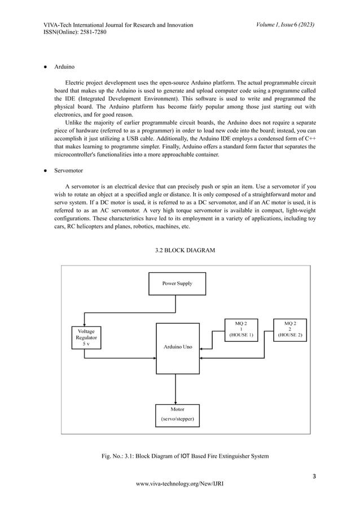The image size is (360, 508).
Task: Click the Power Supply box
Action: pyautogui.click(x=177, y=284)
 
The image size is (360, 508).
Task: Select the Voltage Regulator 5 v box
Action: pyautogui.click(x=86, y=337)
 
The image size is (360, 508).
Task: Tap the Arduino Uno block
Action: pyautogui.click(x=177, y=348)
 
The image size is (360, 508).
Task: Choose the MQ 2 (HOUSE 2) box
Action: pyautogui.click(x=289, y=329)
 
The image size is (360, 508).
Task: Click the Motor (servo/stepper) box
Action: pyautogui.click(x=177, y=414)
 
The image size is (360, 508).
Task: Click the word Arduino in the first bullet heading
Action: pyautogui.click(x=65, y=67)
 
